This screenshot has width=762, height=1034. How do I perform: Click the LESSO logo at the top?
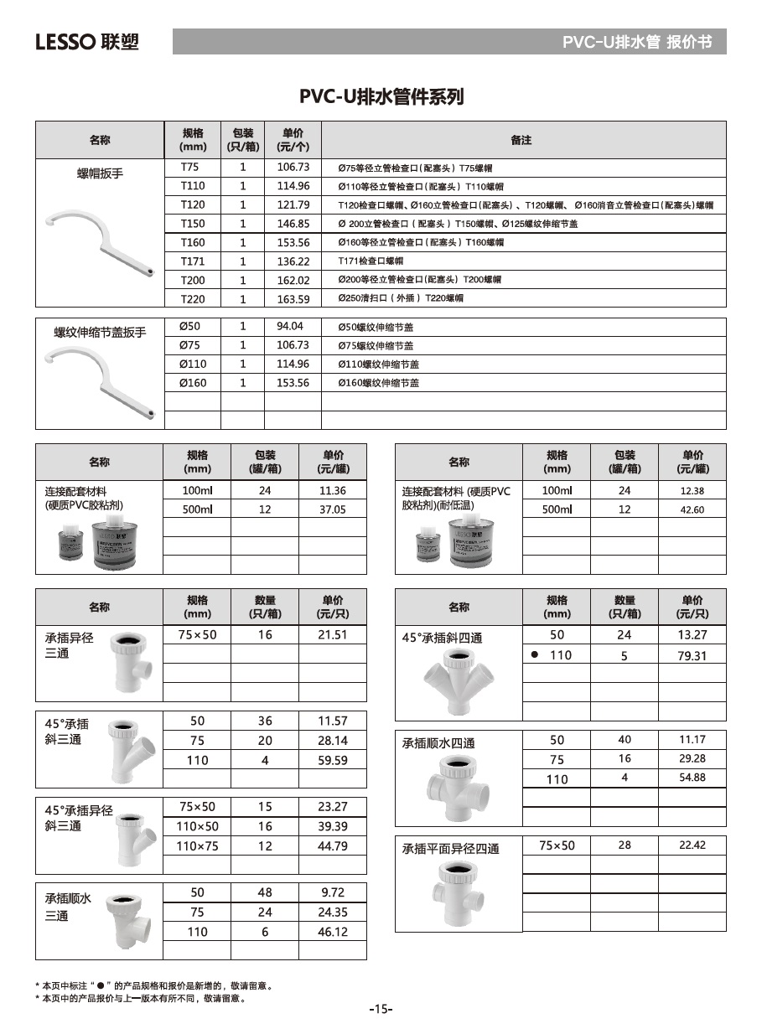(x=86, y=41)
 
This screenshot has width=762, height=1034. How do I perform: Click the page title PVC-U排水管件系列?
(x=381, y=97)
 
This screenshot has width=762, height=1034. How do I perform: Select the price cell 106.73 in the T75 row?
(x=293, y=167)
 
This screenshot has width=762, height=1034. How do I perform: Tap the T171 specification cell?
(x=192, y=261)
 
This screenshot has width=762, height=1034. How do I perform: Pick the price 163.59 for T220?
(x=293, y=299)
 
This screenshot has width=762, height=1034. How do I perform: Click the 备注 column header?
(x=521, y=140)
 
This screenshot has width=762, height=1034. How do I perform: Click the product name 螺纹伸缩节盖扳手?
(x=100, y=333)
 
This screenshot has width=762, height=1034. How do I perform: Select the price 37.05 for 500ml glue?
(x=332, y=509)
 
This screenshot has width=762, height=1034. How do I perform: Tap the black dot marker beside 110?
(x=534, y=654)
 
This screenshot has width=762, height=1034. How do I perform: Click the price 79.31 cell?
(x=692, y=656)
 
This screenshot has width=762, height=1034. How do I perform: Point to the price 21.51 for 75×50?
(x=332, y=635)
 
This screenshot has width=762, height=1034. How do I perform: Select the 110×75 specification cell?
(x=197, y=846)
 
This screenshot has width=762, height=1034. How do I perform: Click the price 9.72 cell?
(x=332, y=892)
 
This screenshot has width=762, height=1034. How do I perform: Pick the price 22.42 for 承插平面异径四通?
(x=692, y=845)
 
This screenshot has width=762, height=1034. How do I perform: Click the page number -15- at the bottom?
(x=381, y=1009)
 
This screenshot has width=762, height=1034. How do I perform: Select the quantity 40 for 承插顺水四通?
(x=625, y=740)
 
